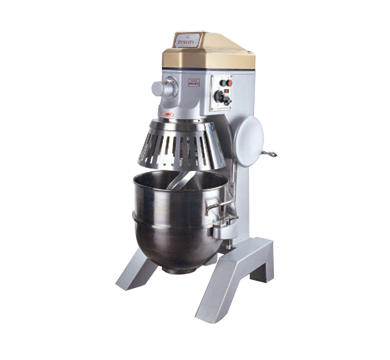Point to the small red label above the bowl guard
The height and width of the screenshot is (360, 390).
click(x=173, y=115)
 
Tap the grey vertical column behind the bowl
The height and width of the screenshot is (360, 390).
click(x=238, y=200)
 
